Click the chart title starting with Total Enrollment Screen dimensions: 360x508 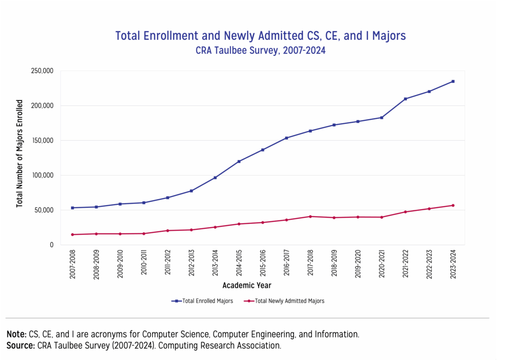pos(260,36)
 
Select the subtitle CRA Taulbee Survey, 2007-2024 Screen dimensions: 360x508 pos(260,50)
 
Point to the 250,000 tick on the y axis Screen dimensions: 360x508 pos(42,71)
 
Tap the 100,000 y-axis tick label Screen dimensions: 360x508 pos(42,175)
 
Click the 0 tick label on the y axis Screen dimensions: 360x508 pos(51,245)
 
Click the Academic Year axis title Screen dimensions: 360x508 pos(247,286)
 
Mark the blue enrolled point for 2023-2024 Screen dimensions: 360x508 pos(453,81)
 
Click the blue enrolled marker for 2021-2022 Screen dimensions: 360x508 pos(405,99)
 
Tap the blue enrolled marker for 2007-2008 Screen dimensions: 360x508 pos(73,208)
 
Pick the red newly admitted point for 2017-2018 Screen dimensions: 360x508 pos(310,216)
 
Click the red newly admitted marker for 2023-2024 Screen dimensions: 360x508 pos(453,205)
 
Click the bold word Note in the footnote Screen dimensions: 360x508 pos(16,334)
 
